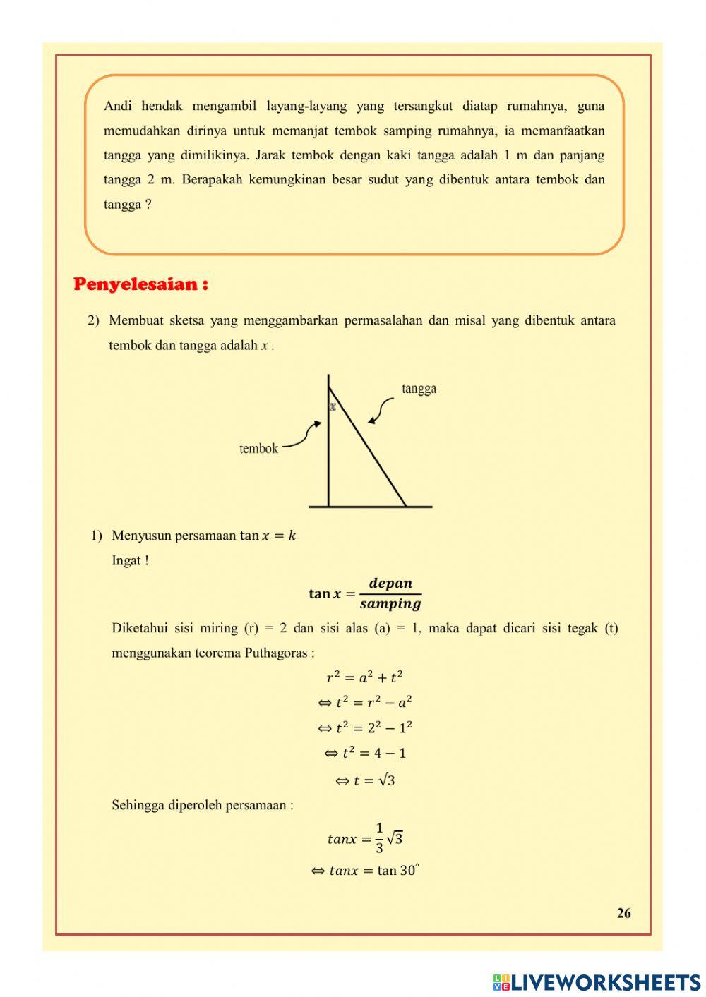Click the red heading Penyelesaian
(x=140, y=284)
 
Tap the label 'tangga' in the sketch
(x=419, y=389)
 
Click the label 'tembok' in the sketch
(x=258, y=449)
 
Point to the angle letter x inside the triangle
(x=333, y=406)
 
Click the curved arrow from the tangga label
(x=381, y=409)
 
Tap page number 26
(x=623, y=913)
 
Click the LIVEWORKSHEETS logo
(x=597, y=981)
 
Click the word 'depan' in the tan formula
(x=390, y=583)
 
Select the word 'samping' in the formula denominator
(x=390, y=604)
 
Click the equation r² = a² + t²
(x=364, y=677)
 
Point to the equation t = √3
(x=365, y=780)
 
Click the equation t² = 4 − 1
(x=365, y=754)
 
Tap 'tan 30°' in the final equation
(x=398, y=871)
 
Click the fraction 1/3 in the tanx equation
(x=379, y=838)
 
